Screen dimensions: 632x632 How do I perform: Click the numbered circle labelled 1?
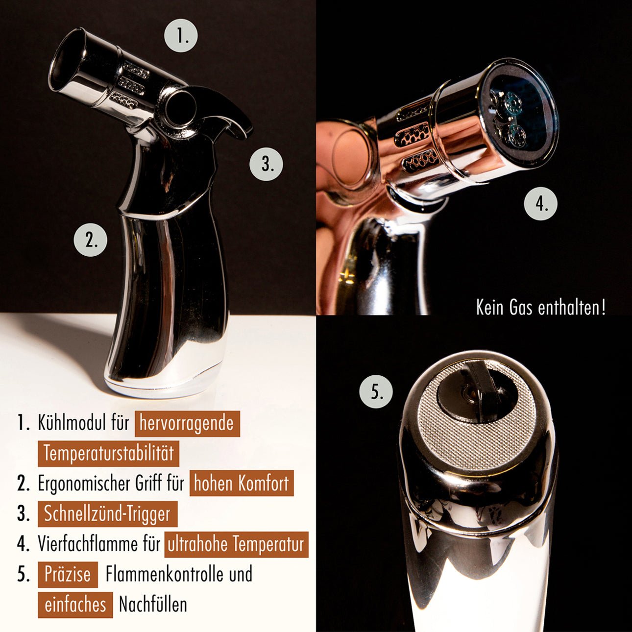(x=180, y=35)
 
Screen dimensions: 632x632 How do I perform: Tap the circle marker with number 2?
(x=90, y=240)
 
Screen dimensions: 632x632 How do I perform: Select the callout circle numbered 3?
(x=267, y=163)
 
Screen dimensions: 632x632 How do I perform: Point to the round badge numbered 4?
(x=540, y=203)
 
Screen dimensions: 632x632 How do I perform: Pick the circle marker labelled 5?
(x=376, y=391)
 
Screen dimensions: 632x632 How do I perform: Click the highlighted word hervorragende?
(x=187, y=423)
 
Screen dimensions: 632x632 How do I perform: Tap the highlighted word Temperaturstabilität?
(x=109, y=454)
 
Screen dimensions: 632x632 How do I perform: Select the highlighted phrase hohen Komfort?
(x=242, y=484)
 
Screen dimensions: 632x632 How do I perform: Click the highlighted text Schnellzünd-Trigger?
(x=108, y=513)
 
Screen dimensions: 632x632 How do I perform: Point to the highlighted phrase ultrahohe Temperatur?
(x=237, y=544)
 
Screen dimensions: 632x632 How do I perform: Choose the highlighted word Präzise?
(x=68, y=575)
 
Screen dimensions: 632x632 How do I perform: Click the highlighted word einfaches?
(x=75, y=605)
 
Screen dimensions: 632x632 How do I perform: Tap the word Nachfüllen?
(x=153, y=604)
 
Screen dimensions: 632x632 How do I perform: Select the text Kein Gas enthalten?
(x=541, y=307)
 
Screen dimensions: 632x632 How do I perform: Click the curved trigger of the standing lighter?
(x=226, y=108)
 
